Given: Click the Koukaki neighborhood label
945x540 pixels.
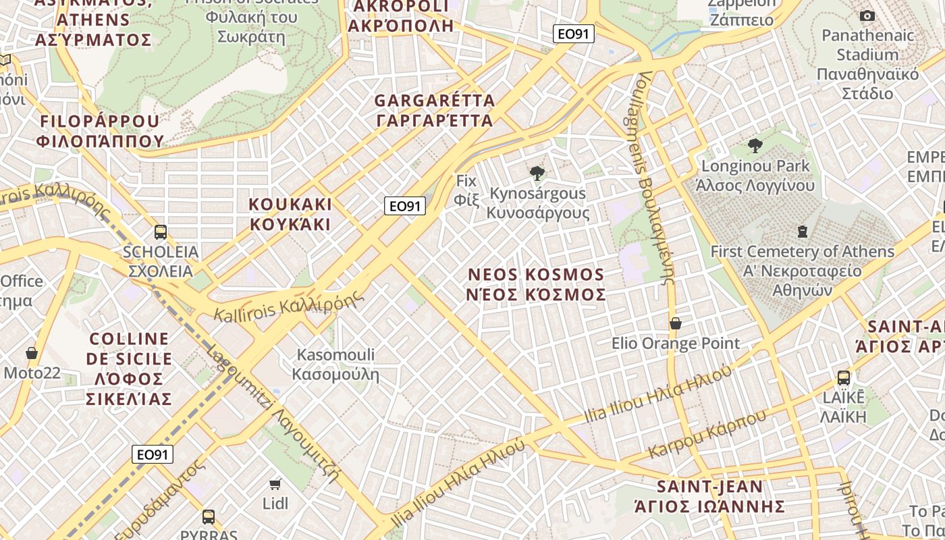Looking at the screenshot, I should coord(290,214).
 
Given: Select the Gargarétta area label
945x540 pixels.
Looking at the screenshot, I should coord(435,111).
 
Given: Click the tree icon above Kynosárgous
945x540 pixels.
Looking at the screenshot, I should coord(537,173).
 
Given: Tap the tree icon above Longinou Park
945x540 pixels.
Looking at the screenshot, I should coord(755,145).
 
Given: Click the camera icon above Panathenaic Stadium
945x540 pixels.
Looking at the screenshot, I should coord(867,16).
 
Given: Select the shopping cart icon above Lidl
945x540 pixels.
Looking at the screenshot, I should coord(275,483).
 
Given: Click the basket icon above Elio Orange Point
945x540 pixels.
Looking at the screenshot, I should coord(675,323).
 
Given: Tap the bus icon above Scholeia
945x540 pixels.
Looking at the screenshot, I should coord(161,232).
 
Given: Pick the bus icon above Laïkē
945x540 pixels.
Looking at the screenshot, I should coord(844,377).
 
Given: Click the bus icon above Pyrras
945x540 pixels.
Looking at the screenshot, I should coord(209,517).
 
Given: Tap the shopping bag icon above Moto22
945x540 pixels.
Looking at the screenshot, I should coord(32,352).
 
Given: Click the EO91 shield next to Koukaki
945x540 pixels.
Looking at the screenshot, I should coord(405,206).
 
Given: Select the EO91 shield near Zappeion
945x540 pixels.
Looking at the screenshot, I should coord(573,34).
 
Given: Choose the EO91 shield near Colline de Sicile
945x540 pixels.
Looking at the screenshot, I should coord(153,454).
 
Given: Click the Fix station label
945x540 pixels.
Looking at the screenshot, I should coord(466,190).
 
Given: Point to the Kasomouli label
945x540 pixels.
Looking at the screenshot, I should coord(335,364).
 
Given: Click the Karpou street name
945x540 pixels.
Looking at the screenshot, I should coord(707,433).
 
